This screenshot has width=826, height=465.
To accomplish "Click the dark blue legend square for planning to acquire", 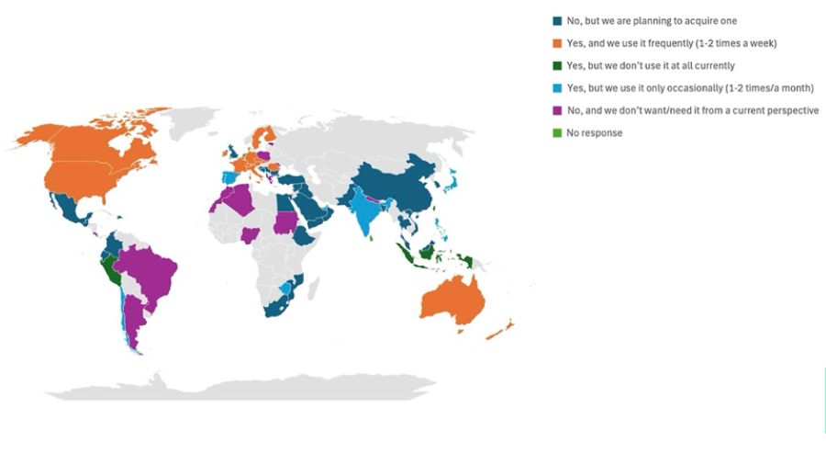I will pyautogui.click(x=556, y=21).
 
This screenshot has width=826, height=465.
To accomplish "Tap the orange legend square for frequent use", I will pyautogui.click(x=556, y=43).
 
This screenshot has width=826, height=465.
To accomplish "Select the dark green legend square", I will pyautogui.click(x=556, y=65).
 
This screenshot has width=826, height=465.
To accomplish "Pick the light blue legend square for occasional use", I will pyautogui.click(x=556, y=88).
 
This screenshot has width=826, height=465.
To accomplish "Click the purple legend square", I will pyautogui.click(x=556, y=110).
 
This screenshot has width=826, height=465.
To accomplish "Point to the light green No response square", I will pyautogui.click(x=556, y=133).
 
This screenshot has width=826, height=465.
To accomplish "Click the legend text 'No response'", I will pyautogui.click(x=594, y=133).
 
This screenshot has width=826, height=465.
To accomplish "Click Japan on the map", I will pyautogui.click(x=452, y=185).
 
